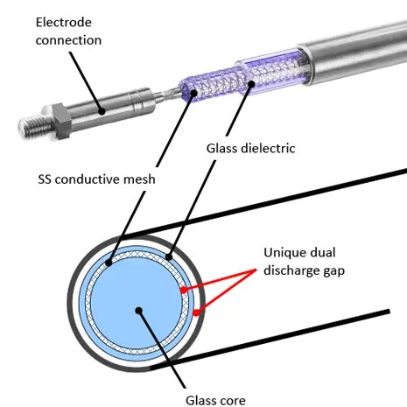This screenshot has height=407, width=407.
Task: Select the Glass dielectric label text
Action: [x=250, y=149]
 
